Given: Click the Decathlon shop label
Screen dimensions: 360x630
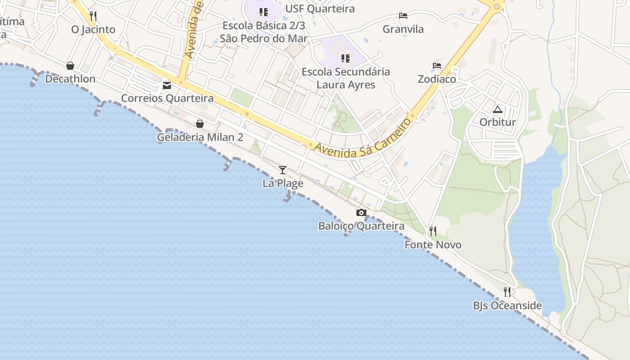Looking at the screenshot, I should pos(70,79).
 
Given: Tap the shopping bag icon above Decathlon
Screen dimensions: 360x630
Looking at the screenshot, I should pos(70,66).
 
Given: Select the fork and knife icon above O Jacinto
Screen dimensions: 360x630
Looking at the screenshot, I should pos(93,16).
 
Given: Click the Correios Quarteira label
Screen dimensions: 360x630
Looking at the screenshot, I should pos(167,98).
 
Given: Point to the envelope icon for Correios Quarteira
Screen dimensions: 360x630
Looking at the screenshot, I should pos(167,85).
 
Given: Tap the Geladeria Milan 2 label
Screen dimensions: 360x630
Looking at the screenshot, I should pos(200,137).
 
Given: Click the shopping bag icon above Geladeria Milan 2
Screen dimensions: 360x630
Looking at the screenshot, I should pos(200,124).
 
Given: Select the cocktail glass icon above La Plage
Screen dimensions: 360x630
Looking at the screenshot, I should pos(283,170).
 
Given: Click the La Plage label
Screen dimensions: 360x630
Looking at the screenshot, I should pos(283,184).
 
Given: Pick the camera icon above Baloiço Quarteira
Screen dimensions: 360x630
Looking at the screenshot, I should pos(361,212).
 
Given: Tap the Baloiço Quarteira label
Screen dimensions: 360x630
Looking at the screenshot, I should pos(361,226).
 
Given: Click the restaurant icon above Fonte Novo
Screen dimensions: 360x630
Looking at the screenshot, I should pos(433,231).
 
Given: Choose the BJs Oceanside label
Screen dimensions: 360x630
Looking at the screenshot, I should pos(507,306).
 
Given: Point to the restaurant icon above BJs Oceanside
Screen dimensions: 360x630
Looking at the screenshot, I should pos(507,292).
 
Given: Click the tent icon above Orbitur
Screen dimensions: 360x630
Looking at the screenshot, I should pos(497,109).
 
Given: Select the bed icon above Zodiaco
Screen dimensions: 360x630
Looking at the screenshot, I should pos(436,66).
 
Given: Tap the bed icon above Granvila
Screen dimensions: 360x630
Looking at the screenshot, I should pos(403,16).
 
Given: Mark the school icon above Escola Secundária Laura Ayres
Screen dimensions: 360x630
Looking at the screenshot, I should pos(346,58).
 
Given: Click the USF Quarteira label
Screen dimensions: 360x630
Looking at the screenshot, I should pos(320,9).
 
